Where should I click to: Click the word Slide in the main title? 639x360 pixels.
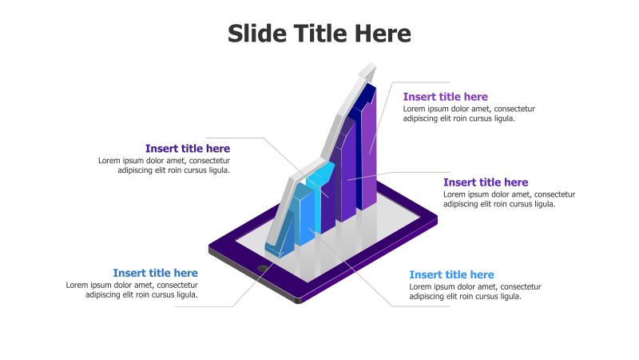point(254,34)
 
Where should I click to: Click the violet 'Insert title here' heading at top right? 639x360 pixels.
point(445,97)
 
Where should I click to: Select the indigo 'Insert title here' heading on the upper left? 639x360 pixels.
point(188,148)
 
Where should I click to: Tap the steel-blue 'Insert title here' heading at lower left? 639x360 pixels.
point(155,273)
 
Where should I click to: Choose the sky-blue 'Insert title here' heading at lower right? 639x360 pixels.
point(451,274)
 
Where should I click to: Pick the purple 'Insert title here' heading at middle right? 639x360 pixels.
point(486,182)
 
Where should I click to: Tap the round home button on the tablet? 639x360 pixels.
point(263,268)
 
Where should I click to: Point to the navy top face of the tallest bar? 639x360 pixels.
point(366,95)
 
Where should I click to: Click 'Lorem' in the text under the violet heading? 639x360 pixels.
point(415,109)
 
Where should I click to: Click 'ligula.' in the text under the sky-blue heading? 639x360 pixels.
point(509,296)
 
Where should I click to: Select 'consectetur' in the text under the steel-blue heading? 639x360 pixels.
point(177,285)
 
